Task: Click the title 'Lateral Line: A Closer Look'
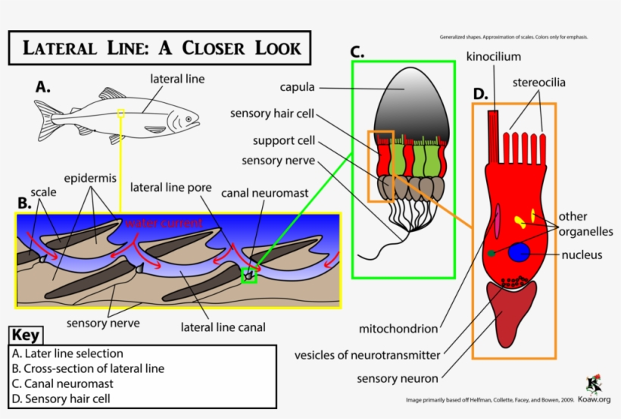point(159,48)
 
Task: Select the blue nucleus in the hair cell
point(519,252)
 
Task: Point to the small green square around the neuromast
point(248,276)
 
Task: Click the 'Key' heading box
point(27,336)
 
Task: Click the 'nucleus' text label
point(582,255)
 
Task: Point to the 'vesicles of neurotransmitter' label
point(367,355)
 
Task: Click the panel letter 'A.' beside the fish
point(42,87)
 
